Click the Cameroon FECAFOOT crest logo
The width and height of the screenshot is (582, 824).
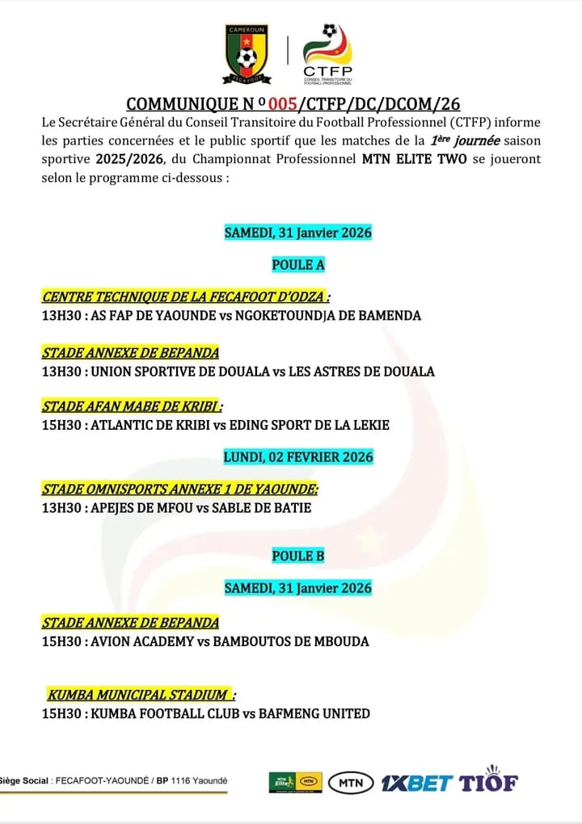coord(247,54)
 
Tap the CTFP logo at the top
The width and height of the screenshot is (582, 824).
coord(327,54)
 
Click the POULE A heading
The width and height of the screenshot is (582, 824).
coord(297,264)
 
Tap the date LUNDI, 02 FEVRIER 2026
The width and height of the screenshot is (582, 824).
coord(297,457)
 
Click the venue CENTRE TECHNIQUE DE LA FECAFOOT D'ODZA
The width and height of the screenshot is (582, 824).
coord(186,296)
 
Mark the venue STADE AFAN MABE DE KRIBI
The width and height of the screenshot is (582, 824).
coord(132,406)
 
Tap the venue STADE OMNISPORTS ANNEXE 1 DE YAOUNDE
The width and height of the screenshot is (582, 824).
coord(179,490)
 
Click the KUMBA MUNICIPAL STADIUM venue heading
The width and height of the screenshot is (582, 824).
coord(141,695)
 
